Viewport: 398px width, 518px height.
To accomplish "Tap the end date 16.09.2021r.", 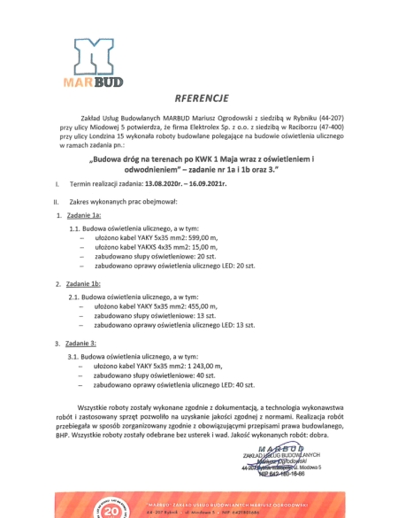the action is (x=203, y=183).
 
